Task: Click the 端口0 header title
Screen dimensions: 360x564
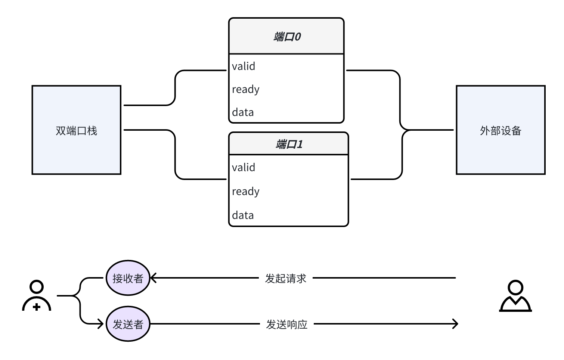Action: (287, 37)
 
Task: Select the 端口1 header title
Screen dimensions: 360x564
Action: (289, 144)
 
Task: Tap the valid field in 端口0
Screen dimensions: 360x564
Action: (244, 66)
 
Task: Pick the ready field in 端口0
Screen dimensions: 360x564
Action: (245, 90)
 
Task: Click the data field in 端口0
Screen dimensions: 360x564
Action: (243, 112)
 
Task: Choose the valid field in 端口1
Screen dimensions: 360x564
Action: (244, 168)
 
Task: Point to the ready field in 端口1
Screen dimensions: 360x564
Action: (245, 192)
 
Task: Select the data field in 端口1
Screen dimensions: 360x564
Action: (243, 215)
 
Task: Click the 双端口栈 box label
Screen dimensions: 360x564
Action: (77, 131)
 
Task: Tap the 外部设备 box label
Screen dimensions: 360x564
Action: (501, 131)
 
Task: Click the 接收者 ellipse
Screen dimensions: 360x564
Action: (128, 278)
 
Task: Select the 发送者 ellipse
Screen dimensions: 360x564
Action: (128, 324)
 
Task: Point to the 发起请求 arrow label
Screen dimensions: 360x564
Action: (286, 278)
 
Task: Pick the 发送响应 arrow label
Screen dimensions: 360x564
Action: (286, 324)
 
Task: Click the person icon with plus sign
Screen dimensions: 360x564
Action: (37, 296)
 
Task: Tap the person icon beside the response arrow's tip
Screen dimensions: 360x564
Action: (515, 296)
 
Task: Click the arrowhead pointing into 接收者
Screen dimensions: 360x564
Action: (153, 278)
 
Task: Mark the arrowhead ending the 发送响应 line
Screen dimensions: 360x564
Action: (455, 324)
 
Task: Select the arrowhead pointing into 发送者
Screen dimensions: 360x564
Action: (100, 324)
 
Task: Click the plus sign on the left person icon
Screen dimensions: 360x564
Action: (37, 307)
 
